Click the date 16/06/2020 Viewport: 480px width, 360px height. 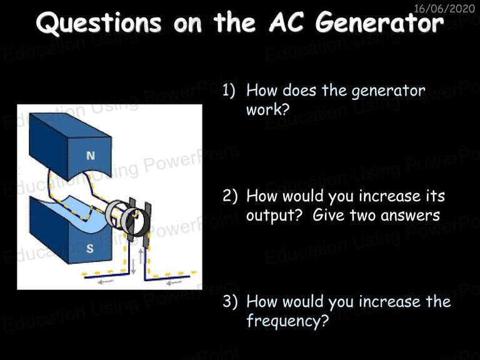[444, 9]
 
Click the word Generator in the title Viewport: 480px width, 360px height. [379, 22]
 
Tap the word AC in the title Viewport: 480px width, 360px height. [286, 22]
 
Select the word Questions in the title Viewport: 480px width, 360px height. [99, 22]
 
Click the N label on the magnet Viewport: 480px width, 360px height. [91, 156]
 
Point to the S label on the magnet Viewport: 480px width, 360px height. [90, 248]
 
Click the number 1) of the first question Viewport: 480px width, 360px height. [229, 91]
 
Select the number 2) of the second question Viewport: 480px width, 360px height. [230, 196]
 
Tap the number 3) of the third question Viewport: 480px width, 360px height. [230, 301]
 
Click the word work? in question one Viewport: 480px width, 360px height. [267, 109]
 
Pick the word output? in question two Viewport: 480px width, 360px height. [274, 216]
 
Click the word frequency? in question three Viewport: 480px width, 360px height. [287, 321]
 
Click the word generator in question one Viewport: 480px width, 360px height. [388, 91]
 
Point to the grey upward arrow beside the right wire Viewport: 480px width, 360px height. [141, 256]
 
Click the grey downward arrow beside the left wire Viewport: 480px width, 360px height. [133, 267]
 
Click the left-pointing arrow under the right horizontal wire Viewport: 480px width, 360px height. [173, 283]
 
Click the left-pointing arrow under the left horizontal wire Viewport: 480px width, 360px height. [106, 281]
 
